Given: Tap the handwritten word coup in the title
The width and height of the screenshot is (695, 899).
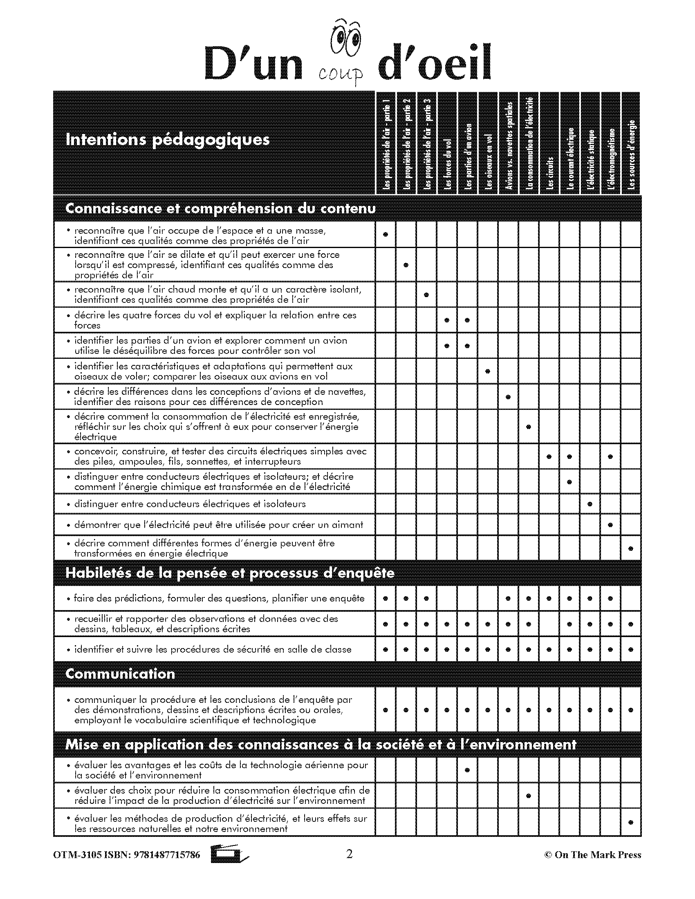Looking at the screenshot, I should click(x=341, y=74).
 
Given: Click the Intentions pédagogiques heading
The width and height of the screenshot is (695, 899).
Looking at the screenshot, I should click(x=168, y=140).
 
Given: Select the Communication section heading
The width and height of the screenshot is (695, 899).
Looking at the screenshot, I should click(x=120, y=674).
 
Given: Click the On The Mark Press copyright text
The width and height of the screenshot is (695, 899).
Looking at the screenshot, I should click(x=592, y=855).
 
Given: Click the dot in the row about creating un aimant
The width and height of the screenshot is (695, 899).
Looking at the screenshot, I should click(x=611, y=525).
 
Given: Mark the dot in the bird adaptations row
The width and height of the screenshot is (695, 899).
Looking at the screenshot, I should click(x=488, y=371).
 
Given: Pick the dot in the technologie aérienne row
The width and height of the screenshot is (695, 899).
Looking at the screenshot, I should click(x=467, y=770).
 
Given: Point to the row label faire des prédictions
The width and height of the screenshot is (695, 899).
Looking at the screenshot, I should click(x=219, y=599).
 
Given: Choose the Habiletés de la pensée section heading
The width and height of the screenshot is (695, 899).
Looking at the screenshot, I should click(x=230, y=573).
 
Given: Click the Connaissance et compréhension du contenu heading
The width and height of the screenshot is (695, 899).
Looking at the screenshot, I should click(x=220, y=209).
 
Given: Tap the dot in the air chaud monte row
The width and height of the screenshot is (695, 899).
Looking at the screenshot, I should click(x=426, y=295).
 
